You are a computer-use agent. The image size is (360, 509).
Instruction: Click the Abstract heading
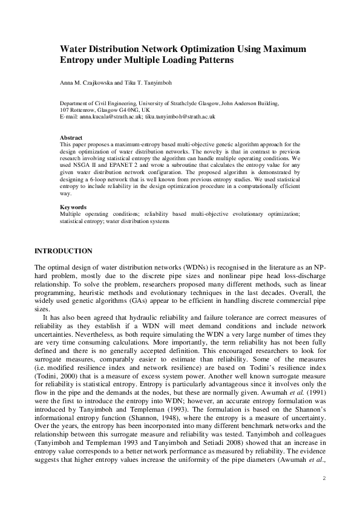71,138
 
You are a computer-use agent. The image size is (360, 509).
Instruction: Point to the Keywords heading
74,207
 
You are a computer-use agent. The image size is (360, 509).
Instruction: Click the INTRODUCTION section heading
64,251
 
